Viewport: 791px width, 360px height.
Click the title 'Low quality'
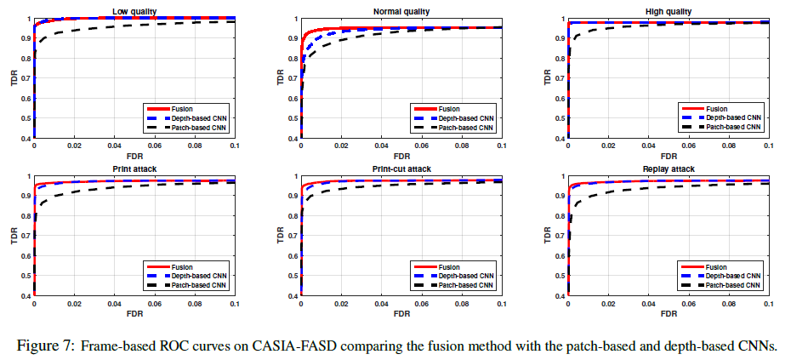[134, 11]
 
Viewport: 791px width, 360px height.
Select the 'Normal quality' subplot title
[401, 11]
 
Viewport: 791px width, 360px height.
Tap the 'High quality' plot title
[669, 11]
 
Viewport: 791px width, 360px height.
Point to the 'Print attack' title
[134, 169]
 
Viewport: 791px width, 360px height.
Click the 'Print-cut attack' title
[401, 169]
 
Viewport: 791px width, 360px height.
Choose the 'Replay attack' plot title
[669, 169]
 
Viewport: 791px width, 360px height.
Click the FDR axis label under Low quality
[134, 157]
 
